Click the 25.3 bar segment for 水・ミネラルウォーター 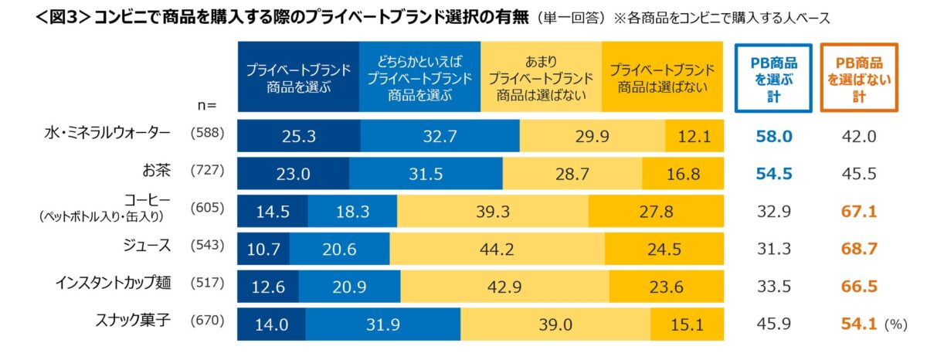tap(298, 137)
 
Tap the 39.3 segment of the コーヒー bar tap(492, 211)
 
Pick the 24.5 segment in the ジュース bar tap(664, 249)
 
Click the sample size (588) tap(206, 133)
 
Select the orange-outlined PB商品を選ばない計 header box tap(859, 77)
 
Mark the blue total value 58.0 tap(774, 137)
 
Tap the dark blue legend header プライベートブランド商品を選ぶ tap(297, 77)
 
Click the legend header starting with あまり tap(541, 77)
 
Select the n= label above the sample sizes tap(207, 104)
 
